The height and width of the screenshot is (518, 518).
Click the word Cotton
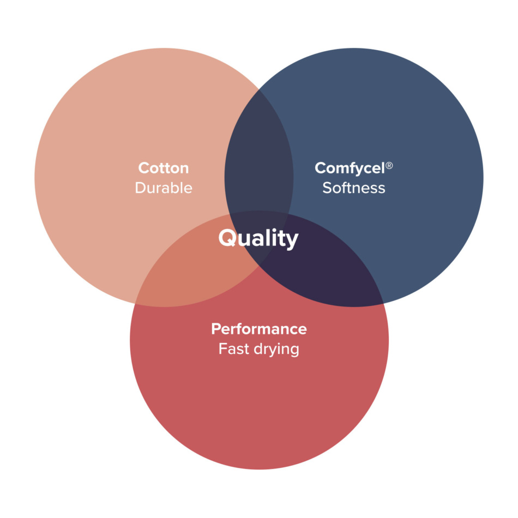[164, 168]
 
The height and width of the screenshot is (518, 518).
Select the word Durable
[164, 188]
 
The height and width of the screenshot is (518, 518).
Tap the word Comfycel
[350, 168]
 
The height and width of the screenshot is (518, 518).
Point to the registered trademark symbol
[389, 165]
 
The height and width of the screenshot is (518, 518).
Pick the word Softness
[354, 188]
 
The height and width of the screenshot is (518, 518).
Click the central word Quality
[258, 238]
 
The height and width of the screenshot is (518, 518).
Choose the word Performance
[259, 329]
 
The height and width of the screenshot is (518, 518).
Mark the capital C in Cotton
[144, 168]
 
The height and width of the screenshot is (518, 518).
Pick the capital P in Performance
[216, 329]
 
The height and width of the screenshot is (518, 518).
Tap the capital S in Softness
[327, 188]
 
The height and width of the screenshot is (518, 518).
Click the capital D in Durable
[140, 188]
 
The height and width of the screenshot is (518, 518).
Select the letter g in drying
[294, 351]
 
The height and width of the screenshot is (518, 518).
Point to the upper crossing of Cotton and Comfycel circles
[259, 89]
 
